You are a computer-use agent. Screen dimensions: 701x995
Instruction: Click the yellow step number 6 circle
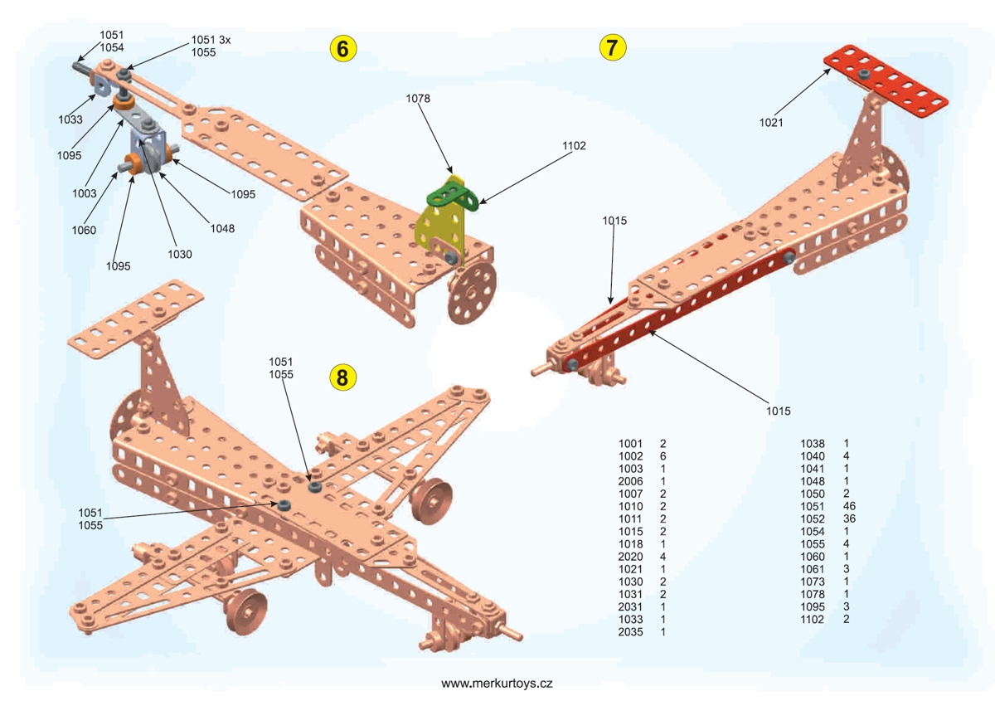342,48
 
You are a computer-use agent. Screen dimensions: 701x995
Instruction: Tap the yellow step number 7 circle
612,47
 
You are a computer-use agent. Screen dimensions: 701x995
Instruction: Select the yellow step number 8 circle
342,377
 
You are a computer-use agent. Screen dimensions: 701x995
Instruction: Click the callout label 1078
419,99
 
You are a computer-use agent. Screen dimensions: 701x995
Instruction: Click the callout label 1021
772,123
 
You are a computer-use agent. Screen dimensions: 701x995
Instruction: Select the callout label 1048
222,229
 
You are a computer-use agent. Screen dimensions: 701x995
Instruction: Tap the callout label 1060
84,231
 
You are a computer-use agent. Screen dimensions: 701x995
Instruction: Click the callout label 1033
70,119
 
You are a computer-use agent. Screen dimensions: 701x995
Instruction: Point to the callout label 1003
84,192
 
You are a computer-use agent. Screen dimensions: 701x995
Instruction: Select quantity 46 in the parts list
849,506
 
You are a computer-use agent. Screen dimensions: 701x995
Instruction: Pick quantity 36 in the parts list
849,518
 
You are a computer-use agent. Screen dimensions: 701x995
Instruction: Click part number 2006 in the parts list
631,481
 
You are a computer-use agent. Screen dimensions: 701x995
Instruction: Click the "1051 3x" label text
211,40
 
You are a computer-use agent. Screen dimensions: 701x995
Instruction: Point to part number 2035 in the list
631,632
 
